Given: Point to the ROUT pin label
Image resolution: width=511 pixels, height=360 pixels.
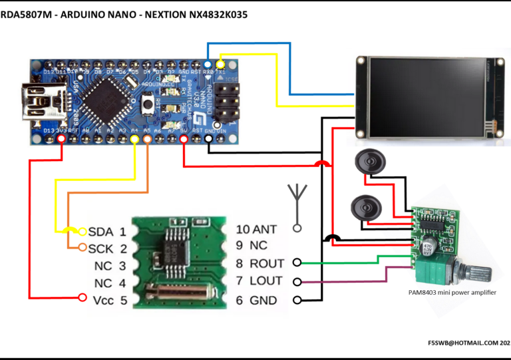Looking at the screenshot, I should coord(260,264).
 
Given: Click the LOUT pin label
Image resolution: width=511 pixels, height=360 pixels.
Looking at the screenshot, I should coord(259,281).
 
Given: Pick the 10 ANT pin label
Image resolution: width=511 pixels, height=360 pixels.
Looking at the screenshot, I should coord(256,229).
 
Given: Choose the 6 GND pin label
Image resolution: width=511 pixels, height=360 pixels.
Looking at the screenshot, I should coord(257,301).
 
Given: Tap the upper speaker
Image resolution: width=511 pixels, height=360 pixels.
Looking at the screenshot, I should coord(367,162).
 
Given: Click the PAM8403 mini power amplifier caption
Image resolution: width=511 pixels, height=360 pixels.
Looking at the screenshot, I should coord(452,292).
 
